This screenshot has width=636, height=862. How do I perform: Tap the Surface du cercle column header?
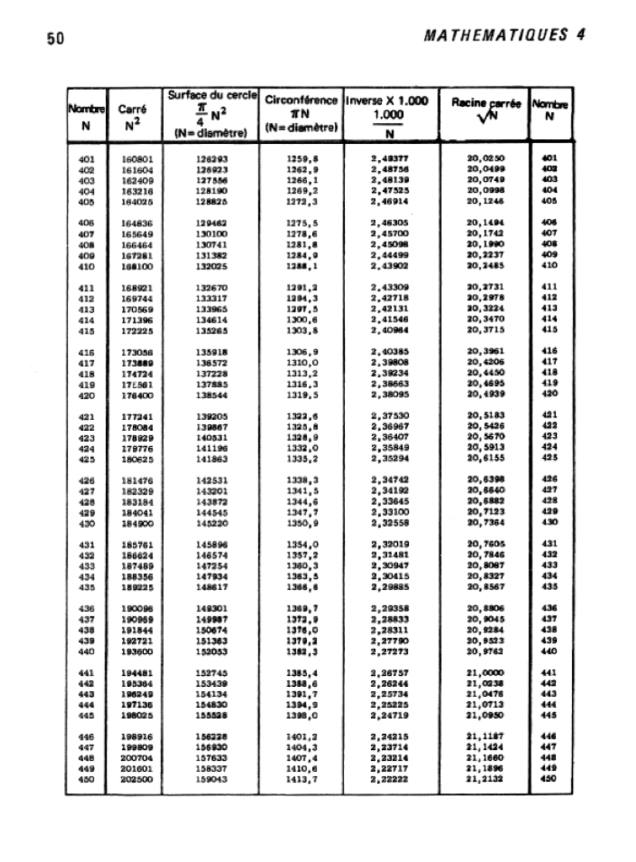211,113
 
